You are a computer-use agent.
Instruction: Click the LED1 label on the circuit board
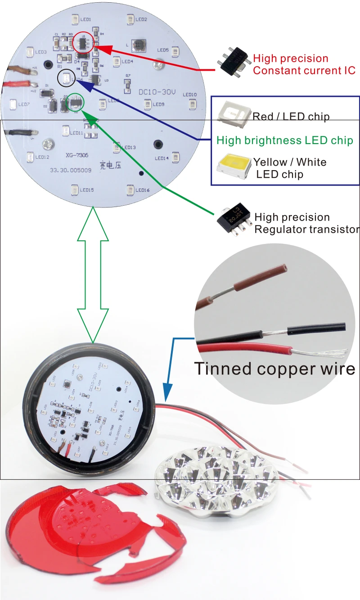coord(85,19)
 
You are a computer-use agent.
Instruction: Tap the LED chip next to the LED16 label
coord(130,189)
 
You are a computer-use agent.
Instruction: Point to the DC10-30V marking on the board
coord(157,92)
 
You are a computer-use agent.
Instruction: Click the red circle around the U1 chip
coord(84,42)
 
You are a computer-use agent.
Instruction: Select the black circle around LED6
coord(67,79)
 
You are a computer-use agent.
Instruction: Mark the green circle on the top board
coord(75,103)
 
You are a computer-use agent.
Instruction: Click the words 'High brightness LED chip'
coord(284,140)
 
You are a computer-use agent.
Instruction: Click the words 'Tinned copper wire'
coord(274,368)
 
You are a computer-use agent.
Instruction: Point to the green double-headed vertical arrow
coord(93,275)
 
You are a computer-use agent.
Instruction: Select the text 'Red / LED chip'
coord(291,117)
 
